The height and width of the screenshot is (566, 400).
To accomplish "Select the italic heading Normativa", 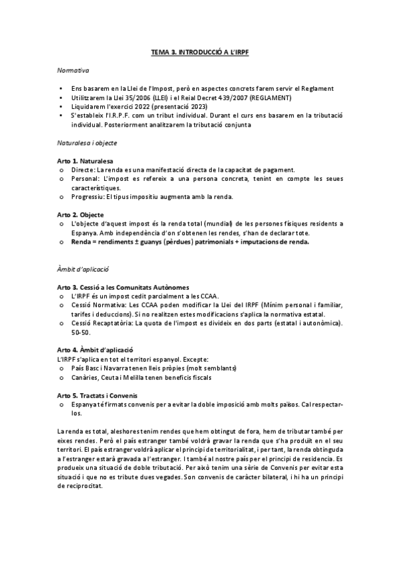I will pos(73,69).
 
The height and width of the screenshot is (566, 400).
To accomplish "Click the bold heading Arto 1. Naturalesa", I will pos(85,162).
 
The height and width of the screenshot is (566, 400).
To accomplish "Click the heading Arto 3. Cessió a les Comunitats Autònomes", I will pos(124,287).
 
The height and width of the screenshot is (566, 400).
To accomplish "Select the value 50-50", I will pos(80,332).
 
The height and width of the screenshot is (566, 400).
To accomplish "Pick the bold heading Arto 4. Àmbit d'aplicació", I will pos(95,350).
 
